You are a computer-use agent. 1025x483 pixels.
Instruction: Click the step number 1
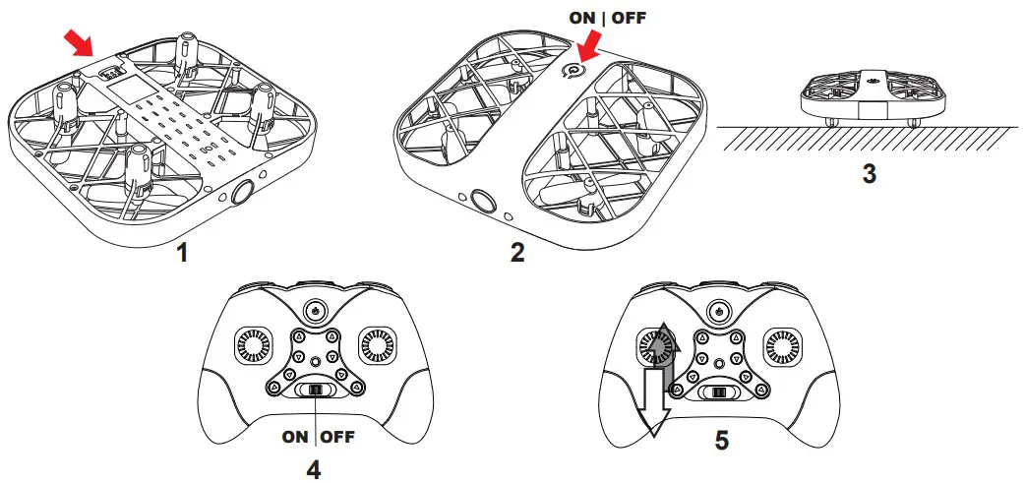tap(181, 253)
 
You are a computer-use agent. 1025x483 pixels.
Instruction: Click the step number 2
tap(517, 252)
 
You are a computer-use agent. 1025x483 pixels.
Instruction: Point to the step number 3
tap(869, 174)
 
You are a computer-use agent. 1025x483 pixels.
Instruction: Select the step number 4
tap(314, 469)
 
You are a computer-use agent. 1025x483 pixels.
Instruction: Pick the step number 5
tap(721, 440)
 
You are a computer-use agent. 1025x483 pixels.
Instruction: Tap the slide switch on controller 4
tap(316, 392)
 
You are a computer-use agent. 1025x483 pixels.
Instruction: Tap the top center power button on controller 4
tap(315, 308)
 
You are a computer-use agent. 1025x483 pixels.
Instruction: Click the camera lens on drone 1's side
tap(241, 193)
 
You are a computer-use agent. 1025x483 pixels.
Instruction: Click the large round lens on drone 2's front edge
tap(482, 202)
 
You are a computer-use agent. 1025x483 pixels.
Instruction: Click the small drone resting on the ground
tap(869, 98)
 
